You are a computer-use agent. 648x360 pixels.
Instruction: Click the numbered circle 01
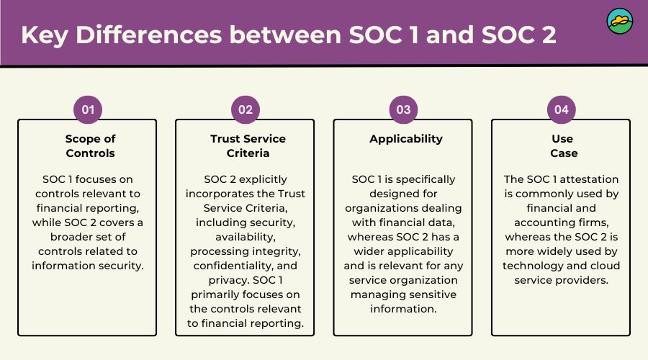point(88,109)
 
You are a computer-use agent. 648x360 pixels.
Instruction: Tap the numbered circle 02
point(246,109)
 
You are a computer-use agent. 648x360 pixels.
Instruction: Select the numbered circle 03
point(403,109)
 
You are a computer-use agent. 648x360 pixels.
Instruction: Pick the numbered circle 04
point(561,109)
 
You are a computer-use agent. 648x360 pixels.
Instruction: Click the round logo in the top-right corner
point(619,22)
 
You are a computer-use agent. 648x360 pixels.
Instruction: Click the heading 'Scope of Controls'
point(90,145)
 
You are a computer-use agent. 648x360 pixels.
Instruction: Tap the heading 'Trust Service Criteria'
point(248,145)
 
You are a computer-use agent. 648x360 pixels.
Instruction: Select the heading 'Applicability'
point(406,139)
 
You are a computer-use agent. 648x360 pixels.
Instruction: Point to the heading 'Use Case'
point(562,145)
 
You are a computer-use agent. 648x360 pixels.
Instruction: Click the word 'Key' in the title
point(44,35)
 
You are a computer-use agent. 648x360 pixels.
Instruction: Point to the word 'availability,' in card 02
point(248,237)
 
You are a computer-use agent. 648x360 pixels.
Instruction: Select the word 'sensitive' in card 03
point(430,294)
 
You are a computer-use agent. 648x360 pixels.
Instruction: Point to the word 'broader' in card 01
point(76,237)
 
